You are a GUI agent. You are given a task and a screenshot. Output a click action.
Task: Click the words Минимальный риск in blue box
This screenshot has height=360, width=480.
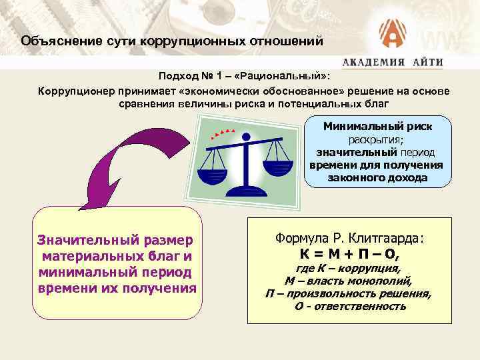377,127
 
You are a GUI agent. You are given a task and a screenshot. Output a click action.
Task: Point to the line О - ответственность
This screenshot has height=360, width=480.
350,306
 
